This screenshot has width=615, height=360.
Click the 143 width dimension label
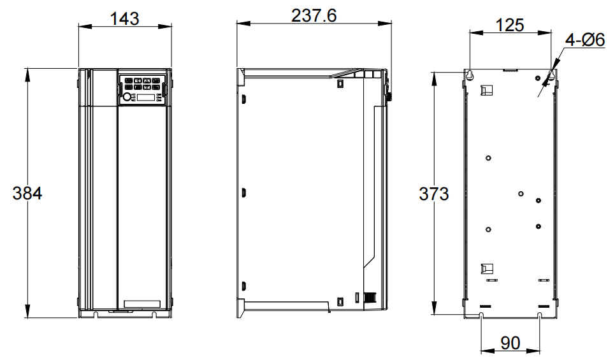pos(124,18)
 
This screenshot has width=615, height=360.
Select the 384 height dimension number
pos(27,193)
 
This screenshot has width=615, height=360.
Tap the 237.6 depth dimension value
pos(314,16)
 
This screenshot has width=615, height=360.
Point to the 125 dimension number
pos(510,25)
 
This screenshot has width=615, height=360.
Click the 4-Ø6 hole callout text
pos(585,40)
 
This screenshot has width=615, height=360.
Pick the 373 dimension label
pos(434,194)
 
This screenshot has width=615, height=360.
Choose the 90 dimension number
pos(510,343)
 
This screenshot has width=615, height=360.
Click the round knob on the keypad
pos(127,97)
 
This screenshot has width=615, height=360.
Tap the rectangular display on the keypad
pos(145,97)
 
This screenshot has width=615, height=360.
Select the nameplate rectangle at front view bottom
pos(142,304)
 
